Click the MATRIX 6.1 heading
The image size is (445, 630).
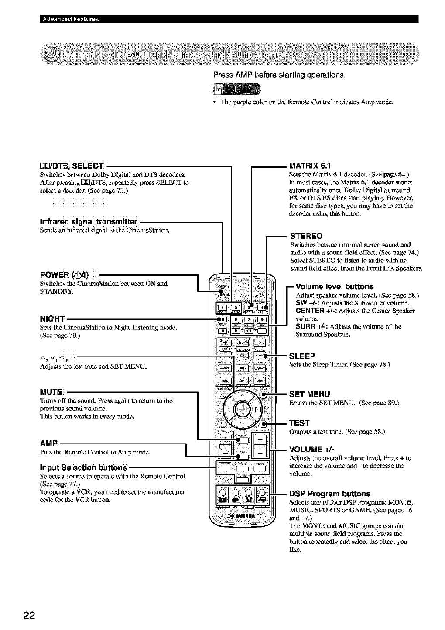click(310, 166)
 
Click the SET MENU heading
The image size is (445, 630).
click(310, 394)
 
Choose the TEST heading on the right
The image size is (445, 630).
click(299, 423)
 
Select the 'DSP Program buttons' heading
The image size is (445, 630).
click(330, 494)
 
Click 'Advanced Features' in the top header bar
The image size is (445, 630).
click(70, 19)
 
